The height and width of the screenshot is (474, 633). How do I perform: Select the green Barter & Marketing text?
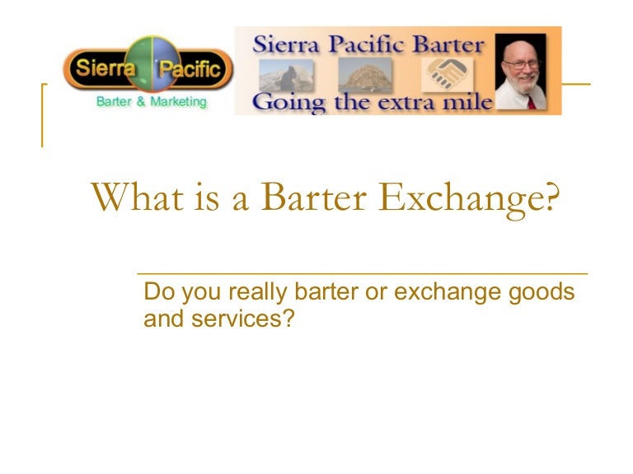point(150,103)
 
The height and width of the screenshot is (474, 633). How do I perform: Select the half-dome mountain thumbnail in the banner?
point(286,75)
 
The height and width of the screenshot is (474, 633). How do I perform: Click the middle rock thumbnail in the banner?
point(365,75)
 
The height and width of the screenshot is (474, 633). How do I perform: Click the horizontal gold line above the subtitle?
point(363,272)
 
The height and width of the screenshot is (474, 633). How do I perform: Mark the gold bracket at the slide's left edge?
point(43,115)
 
